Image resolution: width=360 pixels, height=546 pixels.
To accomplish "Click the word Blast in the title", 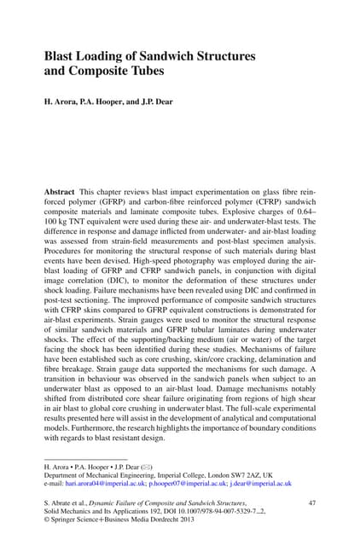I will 60,56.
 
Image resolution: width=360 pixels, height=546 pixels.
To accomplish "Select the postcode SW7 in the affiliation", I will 241,473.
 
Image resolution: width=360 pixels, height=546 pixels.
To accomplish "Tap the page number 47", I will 311,504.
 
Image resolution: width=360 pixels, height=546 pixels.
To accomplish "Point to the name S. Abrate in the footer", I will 61,504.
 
